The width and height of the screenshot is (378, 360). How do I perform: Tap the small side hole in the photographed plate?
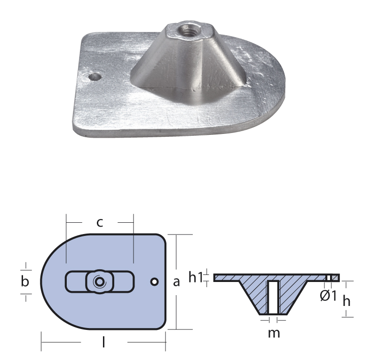click(94, 77)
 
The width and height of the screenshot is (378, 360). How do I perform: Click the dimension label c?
click(100, 223)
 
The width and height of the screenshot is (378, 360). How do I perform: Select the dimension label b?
click(25, 281)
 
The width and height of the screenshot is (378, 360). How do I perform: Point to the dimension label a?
click(176, 282)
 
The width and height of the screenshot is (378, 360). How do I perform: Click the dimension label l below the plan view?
click(103, 342)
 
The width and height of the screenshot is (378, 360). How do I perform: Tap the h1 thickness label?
click(196, 277)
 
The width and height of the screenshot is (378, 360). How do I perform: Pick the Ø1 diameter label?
click(328, 296)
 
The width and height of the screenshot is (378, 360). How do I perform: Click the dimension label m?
click(274, 333)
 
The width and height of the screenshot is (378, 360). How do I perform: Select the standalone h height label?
click(346, 301)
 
